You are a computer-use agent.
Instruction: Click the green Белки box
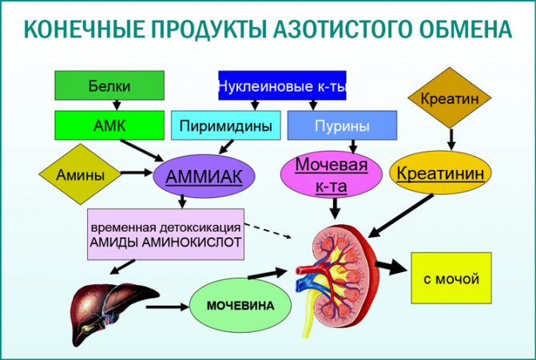[109, 85]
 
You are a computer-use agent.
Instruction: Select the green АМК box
[109, 125]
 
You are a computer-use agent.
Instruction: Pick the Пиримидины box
[226, 126]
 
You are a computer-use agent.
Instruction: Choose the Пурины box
[342, 126]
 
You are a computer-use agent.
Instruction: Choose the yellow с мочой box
[451, 279]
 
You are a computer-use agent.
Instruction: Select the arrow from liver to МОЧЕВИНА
[168, 306]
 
